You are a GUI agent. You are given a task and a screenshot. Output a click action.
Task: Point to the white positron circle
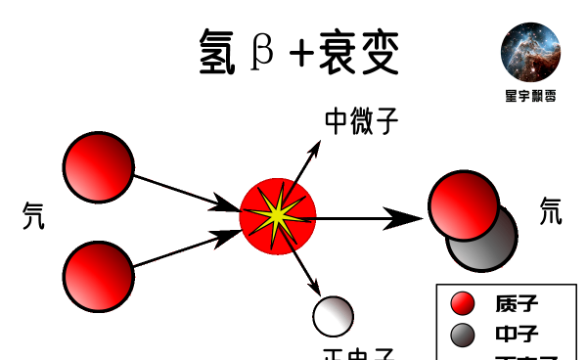pos(333,315)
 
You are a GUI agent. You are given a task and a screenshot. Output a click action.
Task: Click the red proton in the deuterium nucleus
pos(463,204)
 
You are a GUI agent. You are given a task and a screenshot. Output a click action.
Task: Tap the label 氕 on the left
pos(33,216)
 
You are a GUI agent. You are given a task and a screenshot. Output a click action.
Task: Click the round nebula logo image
pos(530,52)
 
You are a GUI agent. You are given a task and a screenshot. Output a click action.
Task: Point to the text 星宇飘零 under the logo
pos(531,96)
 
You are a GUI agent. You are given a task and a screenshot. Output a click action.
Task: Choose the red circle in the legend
pos(463,303)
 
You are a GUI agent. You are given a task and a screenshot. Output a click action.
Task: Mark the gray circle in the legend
pos(463,335)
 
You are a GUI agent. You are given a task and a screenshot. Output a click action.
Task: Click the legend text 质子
pos(517,304)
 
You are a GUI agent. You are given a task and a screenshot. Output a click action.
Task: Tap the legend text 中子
pos(517,336)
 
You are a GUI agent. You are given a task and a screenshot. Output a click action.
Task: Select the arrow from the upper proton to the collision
pos(186,192)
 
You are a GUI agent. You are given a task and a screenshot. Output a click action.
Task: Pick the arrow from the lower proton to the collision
pos(186,248)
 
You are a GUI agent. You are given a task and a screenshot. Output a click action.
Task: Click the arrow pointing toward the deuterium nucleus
pos(372,217)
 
